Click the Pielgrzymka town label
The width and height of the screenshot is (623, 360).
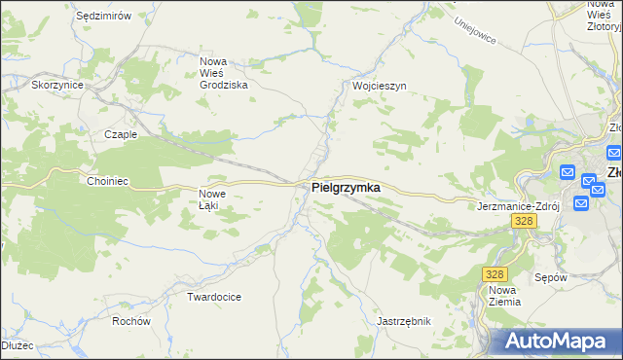pos(346,187)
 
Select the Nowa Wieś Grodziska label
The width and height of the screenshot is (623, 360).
pos(223,73)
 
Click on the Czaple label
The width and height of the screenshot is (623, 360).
pos(121,134)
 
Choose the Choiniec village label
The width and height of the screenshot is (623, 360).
pos(107,181)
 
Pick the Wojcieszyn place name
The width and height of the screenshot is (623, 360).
pos(379,86)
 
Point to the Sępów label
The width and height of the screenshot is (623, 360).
pos(551,277)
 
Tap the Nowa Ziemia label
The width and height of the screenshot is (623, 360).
pos(504,296)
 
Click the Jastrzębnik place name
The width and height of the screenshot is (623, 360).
pos(403,320)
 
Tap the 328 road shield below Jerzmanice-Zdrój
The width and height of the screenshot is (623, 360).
pos(523,222)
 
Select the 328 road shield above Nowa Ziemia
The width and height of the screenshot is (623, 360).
pos(495,275)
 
